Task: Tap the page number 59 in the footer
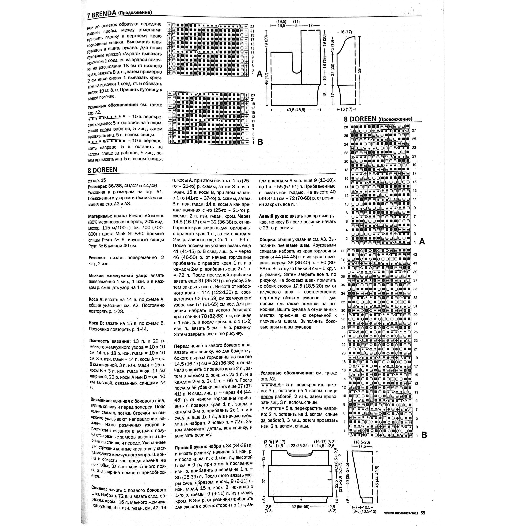click(x=422, y=513)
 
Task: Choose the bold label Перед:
click(x=181, y=346)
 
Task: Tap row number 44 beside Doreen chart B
click(x=343, y=251)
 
